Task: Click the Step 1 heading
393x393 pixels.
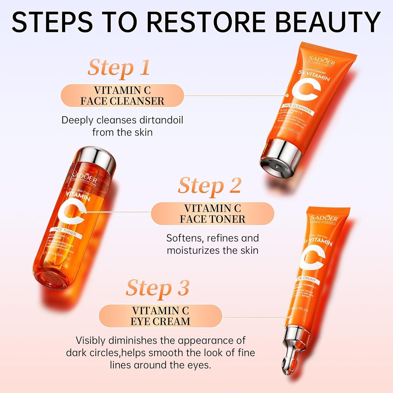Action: click(x=119, y=68)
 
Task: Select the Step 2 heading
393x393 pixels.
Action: click(x=210, y=186)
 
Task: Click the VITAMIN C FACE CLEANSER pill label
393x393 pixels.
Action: click(x=122, y=96)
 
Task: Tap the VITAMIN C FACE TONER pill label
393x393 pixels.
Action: click(x=212, y=214)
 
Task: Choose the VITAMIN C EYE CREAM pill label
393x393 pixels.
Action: click(x=160, y=316)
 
